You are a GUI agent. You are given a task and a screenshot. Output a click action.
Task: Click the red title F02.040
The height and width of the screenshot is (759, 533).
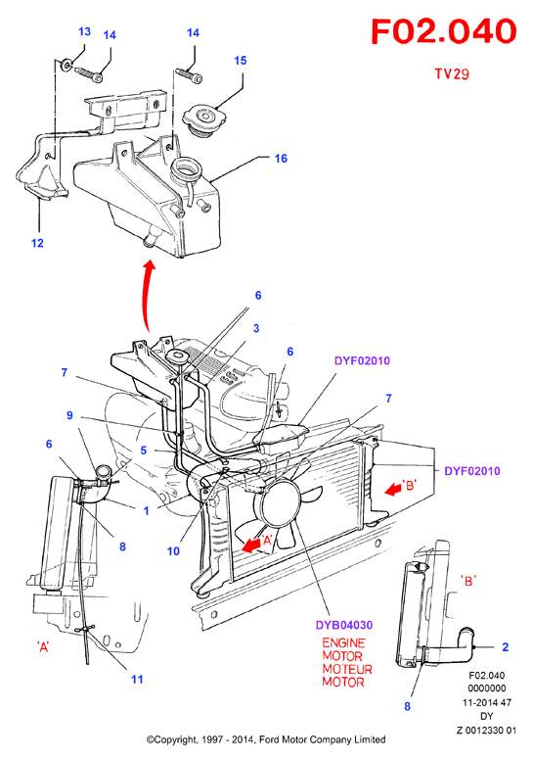[x=444, y=31]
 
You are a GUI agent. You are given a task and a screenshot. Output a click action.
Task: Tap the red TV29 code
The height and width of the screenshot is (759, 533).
[x=451, y=73]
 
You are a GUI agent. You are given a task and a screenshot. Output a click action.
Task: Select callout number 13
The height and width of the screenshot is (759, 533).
[x=84, y=31]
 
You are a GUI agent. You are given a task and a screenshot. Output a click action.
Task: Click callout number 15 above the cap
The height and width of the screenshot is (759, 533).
[x=241, y=61]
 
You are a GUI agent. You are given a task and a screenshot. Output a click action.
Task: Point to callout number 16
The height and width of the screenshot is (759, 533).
[x=281, y=159]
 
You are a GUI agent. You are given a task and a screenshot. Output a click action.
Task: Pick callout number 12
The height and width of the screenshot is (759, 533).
[x=37, y=243]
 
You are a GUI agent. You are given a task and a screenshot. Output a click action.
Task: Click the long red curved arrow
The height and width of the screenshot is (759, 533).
[x=148, y=295]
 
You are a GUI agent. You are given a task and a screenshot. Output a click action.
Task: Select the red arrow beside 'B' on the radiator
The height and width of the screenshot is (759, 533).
[x=394, y=490]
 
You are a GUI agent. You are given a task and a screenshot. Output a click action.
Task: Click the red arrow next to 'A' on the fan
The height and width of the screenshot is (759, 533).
[x=250, y=546]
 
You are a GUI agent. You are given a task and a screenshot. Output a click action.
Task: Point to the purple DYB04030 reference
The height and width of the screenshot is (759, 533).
[x=344, y=625]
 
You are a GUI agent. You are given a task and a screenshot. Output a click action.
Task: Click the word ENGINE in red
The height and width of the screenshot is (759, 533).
[x=343, y=642]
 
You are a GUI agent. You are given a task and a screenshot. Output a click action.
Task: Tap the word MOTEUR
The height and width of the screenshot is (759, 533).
[x=347, y=669]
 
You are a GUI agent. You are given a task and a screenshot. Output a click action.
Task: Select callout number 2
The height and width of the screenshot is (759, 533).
[x=506, y=647]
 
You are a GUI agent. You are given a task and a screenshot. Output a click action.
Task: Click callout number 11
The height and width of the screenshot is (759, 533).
[x=137, y=679]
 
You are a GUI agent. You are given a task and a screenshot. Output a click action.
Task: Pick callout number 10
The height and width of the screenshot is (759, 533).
[x=173, y=550]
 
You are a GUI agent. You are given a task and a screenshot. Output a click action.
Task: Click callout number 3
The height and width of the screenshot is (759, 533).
[x=256, y=328]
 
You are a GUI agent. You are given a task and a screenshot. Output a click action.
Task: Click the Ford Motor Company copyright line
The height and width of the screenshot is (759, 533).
[x=266, y=739]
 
